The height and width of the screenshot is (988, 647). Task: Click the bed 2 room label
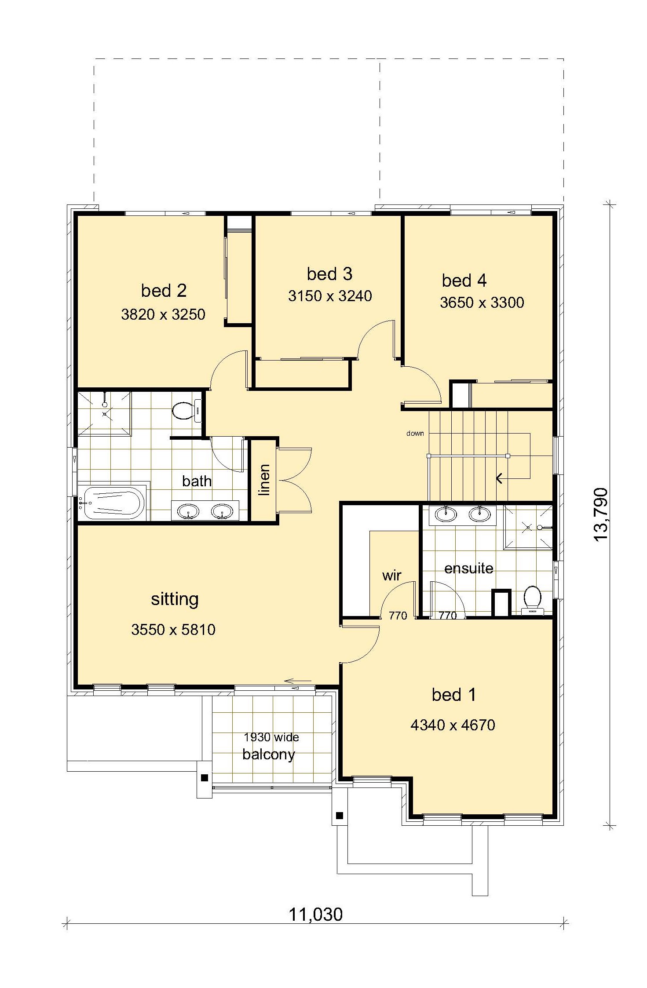(x=164, y=291)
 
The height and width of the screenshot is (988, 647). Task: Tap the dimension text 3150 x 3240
(x=330, y=296)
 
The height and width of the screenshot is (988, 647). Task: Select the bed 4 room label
(x=464, y=281)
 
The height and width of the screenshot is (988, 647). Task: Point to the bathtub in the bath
(x=113, y=503)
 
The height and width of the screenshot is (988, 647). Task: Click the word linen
(x=263, y=480)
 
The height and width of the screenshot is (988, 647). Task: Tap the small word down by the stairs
(x=415, y=434)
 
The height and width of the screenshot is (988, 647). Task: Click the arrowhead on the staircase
(x=499, y=478)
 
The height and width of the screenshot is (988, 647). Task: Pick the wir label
(x=391, y=575)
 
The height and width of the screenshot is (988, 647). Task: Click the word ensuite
(x=469, y=569)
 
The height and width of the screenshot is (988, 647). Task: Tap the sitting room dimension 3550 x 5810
(x=173, y=630)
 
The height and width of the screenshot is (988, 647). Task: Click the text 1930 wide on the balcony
(x=271, y=737)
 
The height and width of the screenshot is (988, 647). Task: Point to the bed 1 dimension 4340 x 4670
(x=453, y=725)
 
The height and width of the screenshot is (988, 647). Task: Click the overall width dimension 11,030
(x=315, y=915)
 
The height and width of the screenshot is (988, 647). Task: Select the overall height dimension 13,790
(x=601, y=514)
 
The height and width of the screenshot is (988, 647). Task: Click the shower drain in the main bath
(x=105, y=414)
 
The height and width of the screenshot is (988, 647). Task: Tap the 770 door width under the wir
(x=398, y=616)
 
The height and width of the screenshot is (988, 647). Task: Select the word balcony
(x=269, y=755)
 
